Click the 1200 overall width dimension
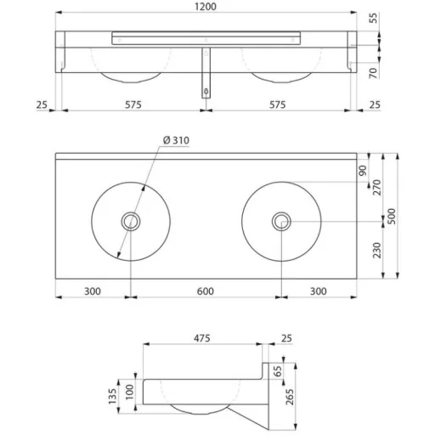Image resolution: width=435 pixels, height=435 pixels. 206,7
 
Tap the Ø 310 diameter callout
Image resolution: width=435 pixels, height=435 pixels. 176,140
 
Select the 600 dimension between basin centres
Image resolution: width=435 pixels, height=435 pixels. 206,291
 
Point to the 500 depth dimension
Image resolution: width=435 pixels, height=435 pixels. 392,217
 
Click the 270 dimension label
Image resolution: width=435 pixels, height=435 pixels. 377,187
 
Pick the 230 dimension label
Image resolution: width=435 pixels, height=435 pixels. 377,250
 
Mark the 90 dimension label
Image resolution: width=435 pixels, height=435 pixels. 363,171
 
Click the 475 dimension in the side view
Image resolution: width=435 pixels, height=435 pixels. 202,338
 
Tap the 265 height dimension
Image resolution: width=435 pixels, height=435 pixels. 290,397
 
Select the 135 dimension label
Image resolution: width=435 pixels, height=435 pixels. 112,396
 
